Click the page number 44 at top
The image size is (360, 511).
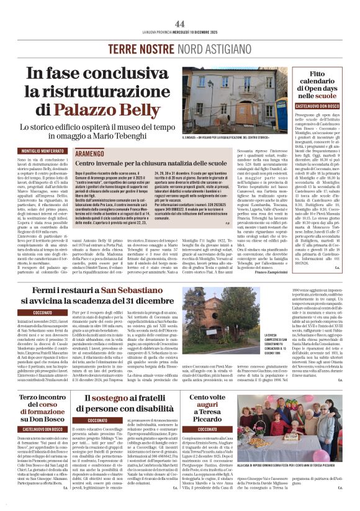(180, 23)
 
